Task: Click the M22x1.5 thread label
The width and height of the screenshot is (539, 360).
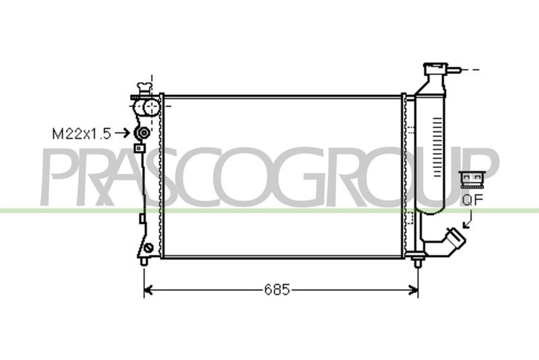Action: pos(82,133)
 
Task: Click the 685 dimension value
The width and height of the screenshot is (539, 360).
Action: pos(277,290)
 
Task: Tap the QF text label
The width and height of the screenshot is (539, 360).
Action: pos(473,200)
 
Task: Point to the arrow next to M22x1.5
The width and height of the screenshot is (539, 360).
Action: pos(121,132)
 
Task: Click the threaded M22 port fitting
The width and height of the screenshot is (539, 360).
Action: pos(142,132)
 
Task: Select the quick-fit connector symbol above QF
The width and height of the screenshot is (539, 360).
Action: pos(472,179)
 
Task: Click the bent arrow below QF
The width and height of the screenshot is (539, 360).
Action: pos(468,220)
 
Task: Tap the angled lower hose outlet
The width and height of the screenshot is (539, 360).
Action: pos(454,241)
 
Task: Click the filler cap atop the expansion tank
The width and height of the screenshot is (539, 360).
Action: pos(435,68)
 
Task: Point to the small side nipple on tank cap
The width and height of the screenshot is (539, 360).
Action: pos(453,70)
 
